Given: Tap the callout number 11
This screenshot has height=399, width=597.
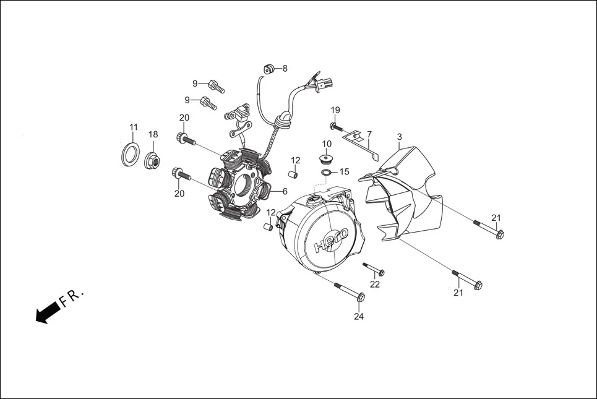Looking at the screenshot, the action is coord(134,127).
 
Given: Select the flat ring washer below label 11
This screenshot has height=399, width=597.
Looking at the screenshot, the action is coord(128,153).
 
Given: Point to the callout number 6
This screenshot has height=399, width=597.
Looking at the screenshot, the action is coord(285,191).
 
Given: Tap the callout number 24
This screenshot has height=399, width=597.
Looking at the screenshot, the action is coord(359,317).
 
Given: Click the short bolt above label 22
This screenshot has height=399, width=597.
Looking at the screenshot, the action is coord(374,268).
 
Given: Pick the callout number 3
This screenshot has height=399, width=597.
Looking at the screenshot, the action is coord(400,136).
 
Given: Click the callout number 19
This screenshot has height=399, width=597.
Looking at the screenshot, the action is coord(335,110).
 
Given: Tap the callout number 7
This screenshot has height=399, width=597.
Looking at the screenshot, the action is coord(369,134).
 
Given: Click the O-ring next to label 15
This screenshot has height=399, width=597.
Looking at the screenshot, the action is coord(325,171).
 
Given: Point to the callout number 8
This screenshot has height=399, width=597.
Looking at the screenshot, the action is coord(285,69).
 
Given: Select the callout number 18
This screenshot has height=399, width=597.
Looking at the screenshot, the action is coord(153,134).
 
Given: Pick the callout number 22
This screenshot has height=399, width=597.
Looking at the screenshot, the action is coord(375,285).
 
